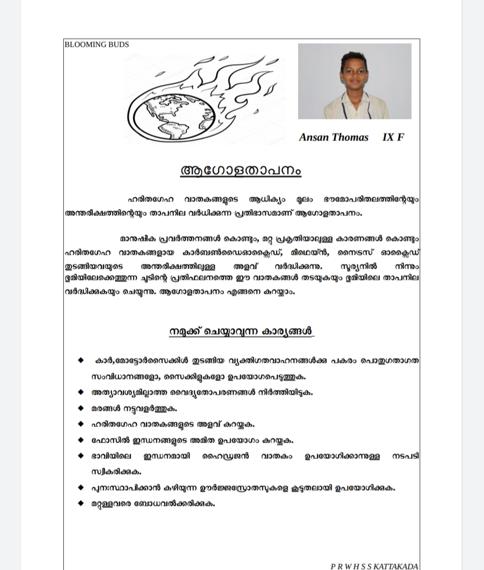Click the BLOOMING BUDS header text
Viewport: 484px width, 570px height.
click(x=97, y=44)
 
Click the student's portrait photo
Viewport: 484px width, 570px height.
click(x=354, y=81)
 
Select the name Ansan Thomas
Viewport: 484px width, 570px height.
click(x=333, y=137)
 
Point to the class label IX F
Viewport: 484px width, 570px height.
click(x=393, y=137)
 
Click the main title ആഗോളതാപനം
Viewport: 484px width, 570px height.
click(x=241, y=170)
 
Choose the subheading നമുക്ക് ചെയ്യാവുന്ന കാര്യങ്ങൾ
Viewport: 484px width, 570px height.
click(x=241, y=331)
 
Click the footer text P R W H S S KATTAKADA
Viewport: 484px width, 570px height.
click(x=375, y=566)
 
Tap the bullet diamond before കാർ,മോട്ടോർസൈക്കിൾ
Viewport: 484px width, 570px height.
click(x=81, y=360)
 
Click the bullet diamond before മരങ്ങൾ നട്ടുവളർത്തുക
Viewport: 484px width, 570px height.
click(x=81, y=408)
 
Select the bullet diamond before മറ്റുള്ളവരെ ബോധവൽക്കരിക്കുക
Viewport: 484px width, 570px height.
click(x=81, y=503)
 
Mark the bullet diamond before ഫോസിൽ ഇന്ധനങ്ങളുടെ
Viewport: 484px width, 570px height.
click(x=81, y=440)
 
